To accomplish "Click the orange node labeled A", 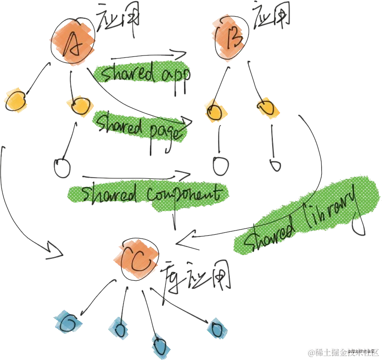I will (x=73, y=42).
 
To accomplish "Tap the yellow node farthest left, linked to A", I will (x=14, y=100).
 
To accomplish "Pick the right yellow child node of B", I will (x=266, y=107).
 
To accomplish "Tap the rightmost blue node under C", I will (x=217, y=329).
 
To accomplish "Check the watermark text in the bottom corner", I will (x=343, y=352).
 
